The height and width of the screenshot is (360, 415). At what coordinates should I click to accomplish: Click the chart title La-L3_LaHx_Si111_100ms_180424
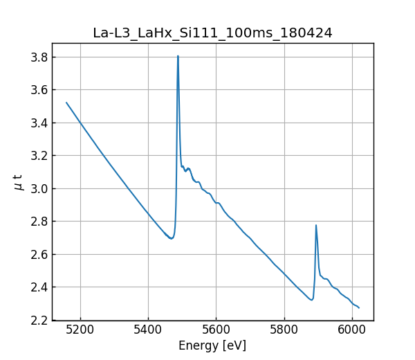[x=212, y=33]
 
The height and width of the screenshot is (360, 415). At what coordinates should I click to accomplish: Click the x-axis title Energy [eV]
[x=212, y=345]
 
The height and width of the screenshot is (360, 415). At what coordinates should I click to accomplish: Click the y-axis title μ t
[x=19, y=182]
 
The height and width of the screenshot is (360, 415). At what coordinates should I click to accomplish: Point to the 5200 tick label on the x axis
[x=80, y=331]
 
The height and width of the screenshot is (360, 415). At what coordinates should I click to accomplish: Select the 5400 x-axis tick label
[x=148, y=331]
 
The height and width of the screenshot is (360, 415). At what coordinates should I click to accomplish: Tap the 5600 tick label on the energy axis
[x=216, y=331]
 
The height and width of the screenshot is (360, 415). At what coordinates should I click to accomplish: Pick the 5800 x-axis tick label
[x=284, y=331]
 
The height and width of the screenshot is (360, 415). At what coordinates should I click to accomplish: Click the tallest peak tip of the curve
[x=178, y=56]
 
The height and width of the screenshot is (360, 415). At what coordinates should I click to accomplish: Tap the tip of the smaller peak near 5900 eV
[x=316, y=225]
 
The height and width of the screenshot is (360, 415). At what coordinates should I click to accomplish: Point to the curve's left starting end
[x=66, y=102]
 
